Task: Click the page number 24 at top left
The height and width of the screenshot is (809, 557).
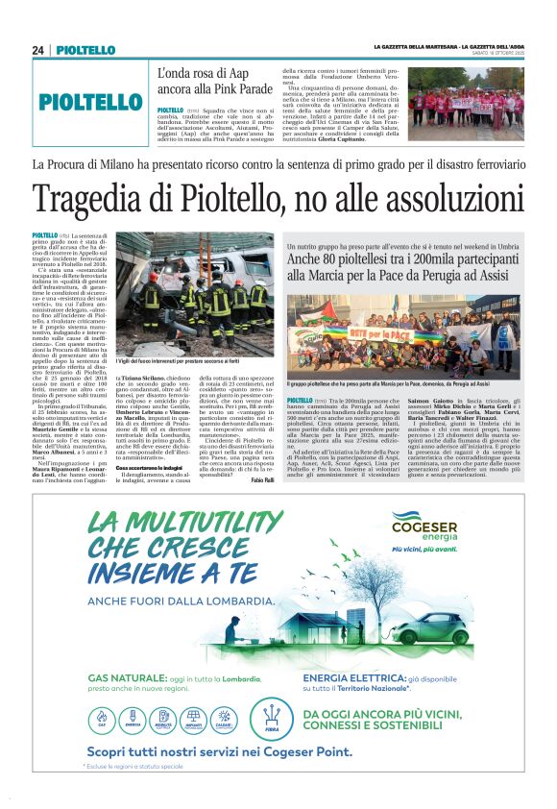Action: [38, 50]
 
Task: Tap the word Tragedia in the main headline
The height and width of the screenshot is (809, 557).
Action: [95, 199]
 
